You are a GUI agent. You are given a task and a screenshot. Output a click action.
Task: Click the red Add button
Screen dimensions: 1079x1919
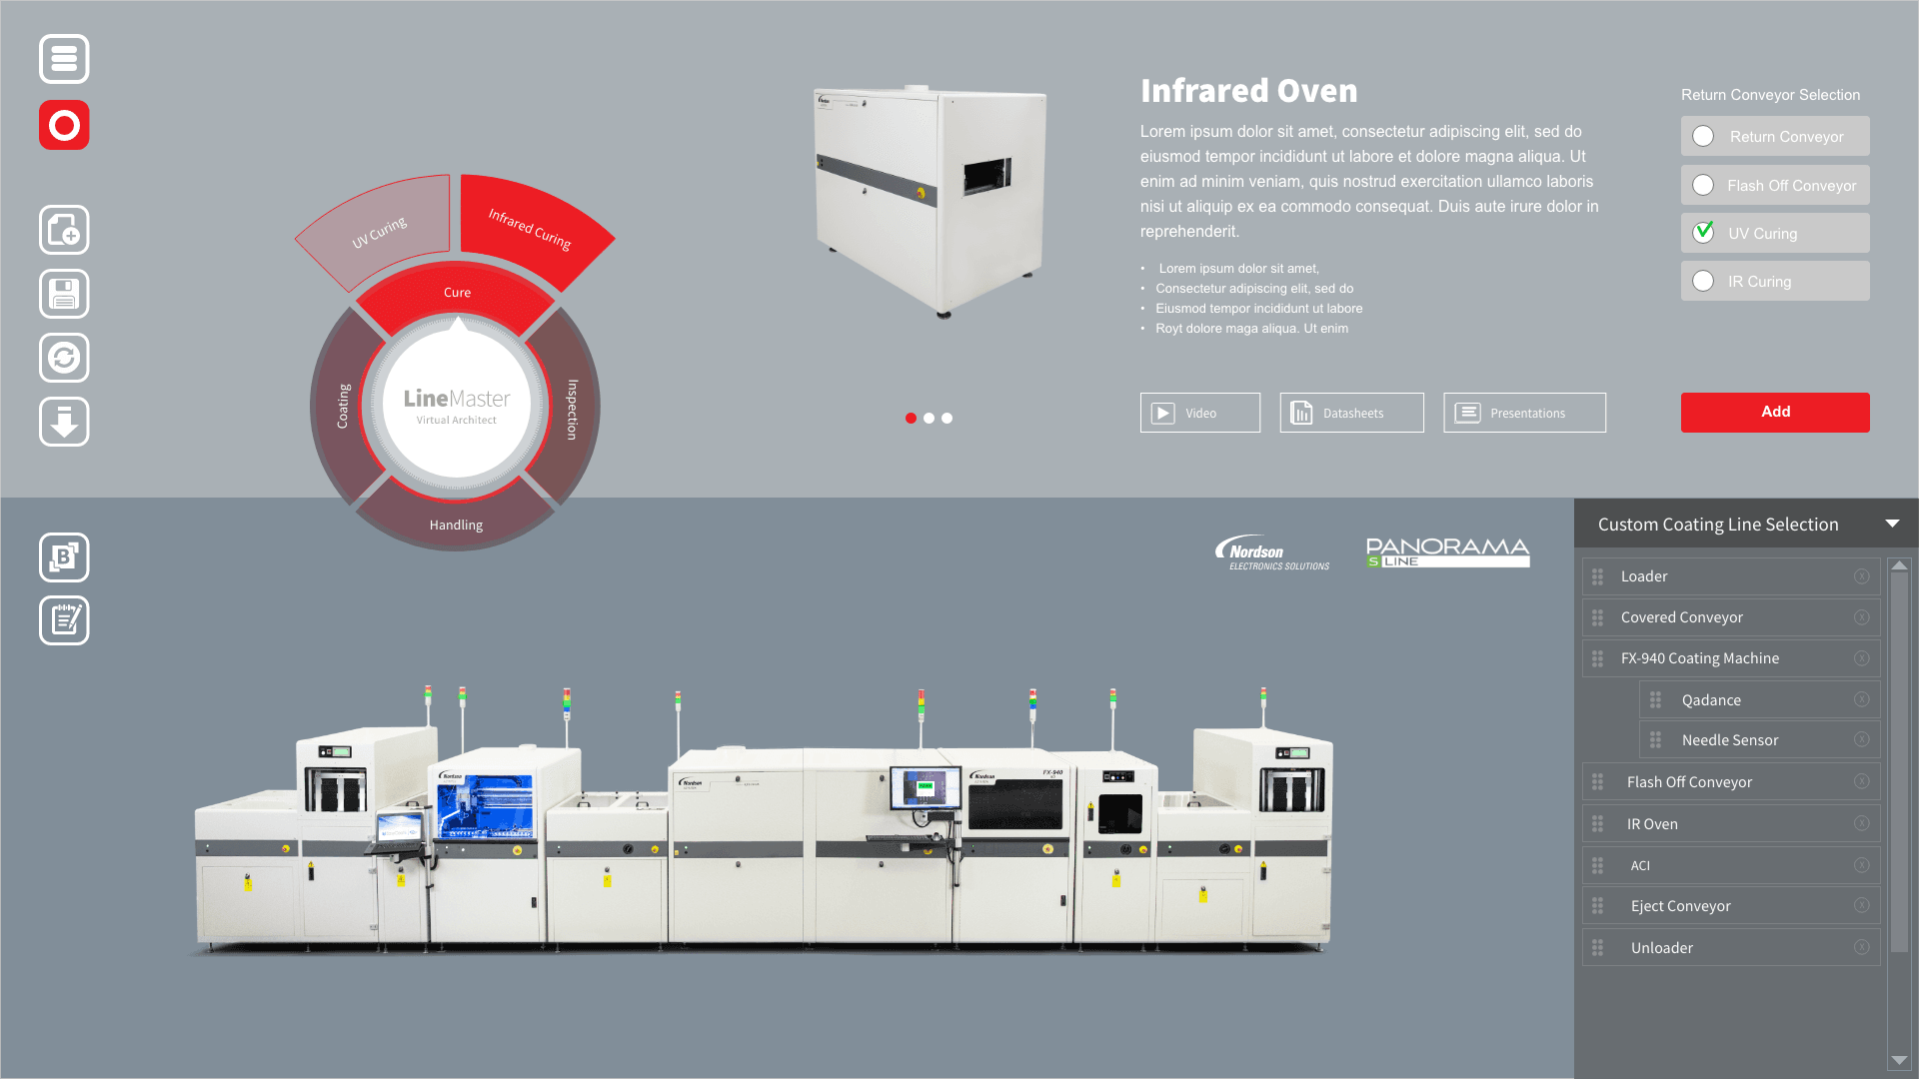pyautogui.click(x=1774, y=412)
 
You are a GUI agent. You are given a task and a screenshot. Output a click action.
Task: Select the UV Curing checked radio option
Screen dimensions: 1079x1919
pyautogui.click(x=1703, y=233)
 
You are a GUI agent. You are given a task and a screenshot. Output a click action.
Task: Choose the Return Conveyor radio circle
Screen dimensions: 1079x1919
pyautogui.click(x=1703, y=136)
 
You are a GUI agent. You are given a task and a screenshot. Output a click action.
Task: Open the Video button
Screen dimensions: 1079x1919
pyautogui.click(x=1199, y=413)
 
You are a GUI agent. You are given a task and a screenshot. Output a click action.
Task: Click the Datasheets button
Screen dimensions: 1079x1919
pyautogui.click(x=1351, y=413)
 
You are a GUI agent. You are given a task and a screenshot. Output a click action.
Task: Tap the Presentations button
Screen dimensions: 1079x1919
pyautogui.click(x=1524, y=413)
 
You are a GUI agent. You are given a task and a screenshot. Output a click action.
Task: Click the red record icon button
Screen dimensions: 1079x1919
pyautogui.click(x=64, y=125)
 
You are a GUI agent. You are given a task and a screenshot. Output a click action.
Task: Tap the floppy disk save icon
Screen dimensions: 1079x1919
pyautogui.click(x=64, y=294)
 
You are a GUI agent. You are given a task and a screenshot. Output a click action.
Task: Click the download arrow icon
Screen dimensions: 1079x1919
pyautogui.click(x=64, y=422)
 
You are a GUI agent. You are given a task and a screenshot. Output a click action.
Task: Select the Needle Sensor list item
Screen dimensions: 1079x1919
pyautogui.click(x=1729, y=740)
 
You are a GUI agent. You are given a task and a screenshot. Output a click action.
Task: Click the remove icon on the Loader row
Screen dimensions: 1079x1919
pyautogui.click(x=1861, y=576)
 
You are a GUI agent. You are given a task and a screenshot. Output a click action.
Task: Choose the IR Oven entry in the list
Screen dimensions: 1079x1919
pyautogui.click(x=1652, y=824)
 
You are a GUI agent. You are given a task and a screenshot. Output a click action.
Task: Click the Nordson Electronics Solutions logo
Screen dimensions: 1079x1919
pyautogui.click(x=1271, y=552)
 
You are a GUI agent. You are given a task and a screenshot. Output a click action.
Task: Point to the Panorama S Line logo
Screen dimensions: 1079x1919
pyautogui.click(x=1447, y=552)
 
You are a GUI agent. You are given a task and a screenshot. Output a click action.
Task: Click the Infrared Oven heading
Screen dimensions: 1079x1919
pyautogui.click(x=1248, y=91)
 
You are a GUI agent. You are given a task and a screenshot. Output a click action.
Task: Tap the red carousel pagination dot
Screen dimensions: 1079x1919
pyautogui.click(x=911, y=419)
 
